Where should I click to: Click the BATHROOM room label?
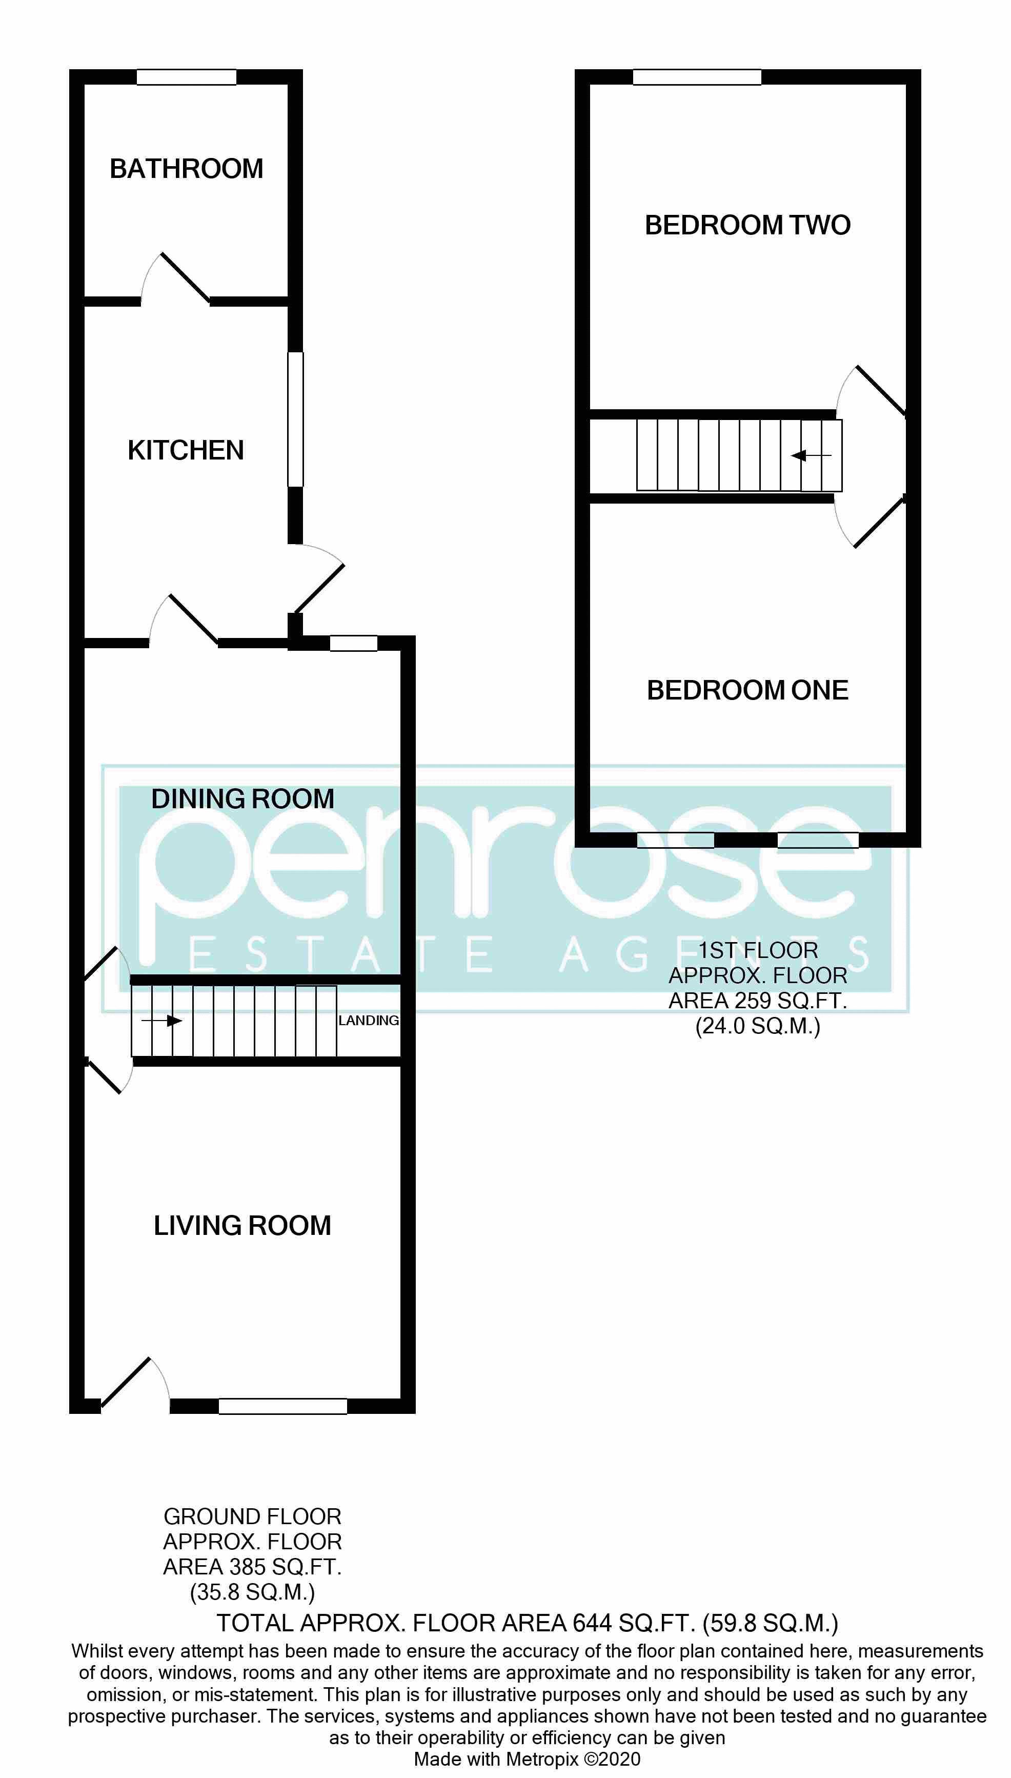point(186,169)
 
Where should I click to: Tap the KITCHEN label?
point(186,450)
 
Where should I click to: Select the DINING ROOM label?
point(242,798)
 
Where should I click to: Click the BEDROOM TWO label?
point(747,225)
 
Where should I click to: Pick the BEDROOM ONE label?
point(747,690)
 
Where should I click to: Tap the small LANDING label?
point(369,1020)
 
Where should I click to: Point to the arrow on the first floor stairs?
point(811,455)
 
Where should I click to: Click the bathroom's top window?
point(186,77)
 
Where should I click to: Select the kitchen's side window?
point(296,419)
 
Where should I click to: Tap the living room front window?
point(282,1406)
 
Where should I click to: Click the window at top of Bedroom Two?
point(696,77)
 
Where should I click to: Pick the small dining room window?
point(353,643)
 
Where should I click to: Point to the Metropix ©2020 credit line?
point(527,1759)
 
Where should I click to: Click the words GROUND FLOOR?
point(252,1516)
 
